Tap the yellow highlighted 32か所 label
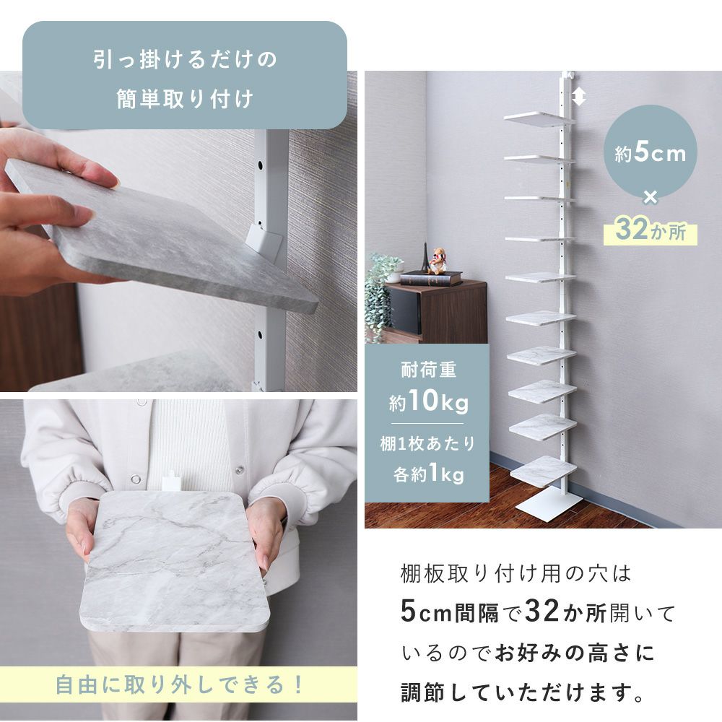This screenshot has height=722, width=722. click(x=651, y=230)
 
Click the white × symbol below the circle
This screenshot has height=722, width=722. click(x=651, y=198)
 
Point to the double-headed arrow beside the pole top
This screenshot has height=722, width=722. click(x=578, y=96)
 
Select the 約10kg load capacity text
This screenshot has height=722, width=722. click(x=428, y=401)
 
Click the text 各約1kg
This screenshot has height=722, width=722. click(x=428, y=474)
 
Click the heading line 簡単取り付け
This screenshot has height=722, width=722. click(x=185, y=99)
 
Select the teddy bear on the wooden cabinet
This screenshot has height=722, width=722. click(x=438, y=261)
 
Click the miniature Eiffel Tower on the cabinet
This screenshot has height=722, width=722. click(x=425, y=258)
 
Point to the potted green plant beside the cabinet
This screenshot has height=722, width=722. click(x=382, y=295)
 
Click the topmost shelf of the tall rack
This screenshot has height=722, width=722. click(x=539, y=118)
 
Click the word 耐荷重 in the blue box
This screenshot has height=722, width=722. click(x=428, y=370)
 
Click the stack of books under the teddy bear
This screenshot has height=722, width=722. click(x=431, y=279)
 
